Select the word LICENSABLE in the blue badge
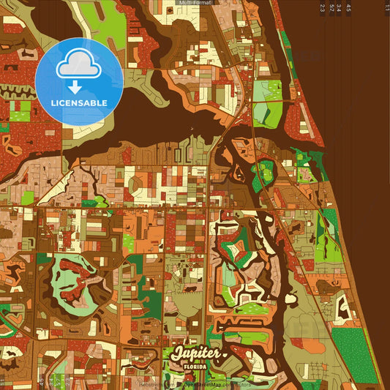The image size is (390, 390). pyautogui.click(x=79, y=102)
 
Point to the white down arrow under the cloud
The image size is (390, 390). pyautogui.click(x=75, y=86)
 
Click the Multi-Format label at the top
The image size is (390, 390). pyautogui.click(x=195, y=3)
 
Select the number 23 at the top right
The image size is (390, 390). pyautogui.click(x=323, y=8)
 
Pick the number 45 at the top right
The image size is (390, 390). pyautogui.click(x=348, y=8)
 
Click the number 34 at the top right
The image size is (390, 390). pyautogui.click(x=339, y=8)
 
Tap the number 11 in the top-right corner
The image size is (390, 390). pyautogui.click(x=386, y=8)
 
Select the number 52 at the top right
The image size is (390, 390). pyautogui.click(x=331, y=8)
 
